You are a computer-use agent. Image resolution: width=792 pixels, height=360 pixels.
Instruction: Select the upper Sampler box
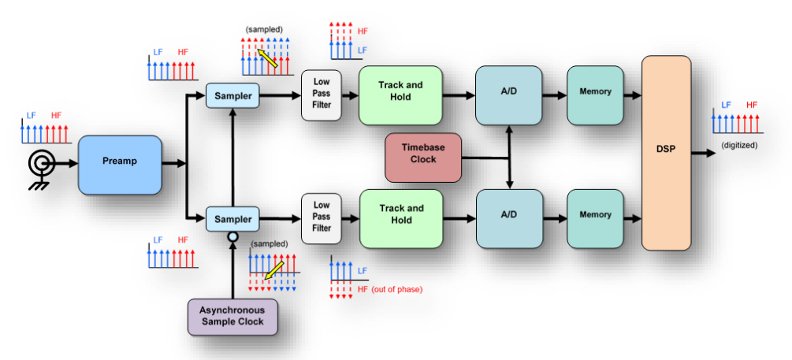(x=232, y=96)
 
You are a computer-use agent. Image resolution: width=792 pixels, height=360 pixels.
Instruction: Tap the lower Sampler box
(x=232, y=219)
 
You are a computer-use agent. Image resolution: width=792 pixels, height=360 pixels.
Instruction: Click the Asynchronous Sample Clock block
(x=232, y=316)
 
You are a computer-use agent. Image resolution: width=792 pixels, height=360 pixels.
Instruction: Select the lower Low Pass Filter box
(x=322, y=217)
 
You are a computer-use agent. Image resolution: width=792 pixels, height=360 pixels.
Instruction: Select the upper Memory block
(x=595, y=91)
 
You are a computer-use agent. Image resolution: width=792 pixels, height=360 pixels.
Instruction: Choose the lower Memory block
(x=595, y=214)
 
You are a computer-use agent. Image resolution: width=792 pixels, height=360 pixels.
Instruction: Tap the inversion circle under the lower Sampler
(x=232, y=236)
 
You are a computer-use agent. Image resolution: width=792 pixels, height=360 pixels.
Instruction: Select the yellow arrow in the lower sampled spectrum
(x=275, y=271)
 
